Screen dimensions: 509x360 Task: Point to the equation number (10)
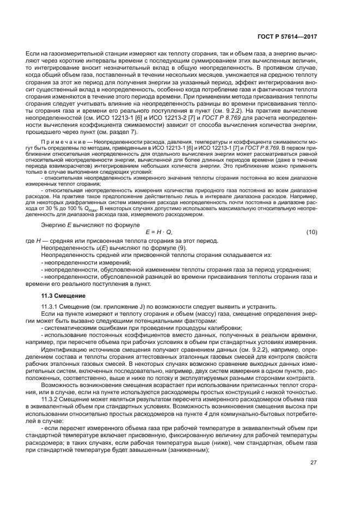coord(312,232)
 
